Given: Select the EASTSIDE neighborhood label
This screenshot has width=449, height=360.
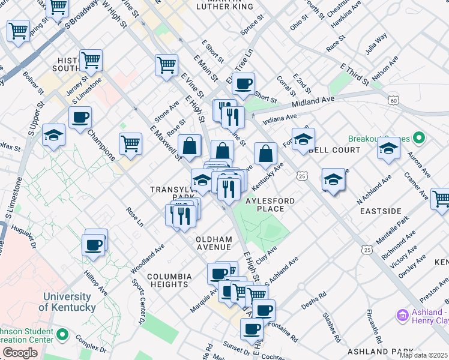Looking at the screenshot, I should coord(380,211).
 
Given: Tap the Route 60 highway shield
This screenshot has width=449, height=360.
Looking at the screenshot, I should coord(393,100).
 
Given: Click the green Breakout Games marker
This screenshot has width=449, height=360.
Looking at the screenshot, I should coord(419,139).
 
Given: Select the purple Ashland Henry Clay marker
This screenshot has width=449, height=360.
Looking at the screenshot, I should coord(402,314).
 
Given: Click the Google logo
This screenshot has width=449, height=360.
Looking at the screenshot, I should coord(19,353).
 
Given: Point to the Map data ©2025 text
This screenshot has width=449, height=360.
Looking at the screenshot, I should coord(423,355).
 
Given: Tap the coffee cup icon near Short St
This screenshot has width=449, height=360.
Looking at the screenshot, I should coord(243,84).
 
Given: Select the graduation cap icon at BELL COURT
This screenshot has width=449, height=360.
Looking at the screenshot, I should coord(303,139).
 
